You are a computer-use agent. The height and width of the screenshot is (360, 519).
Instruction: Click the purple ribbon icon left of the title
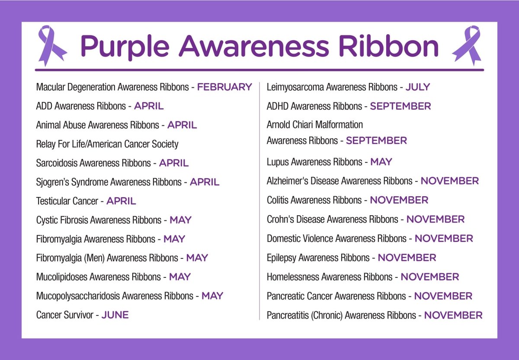pos(52,45)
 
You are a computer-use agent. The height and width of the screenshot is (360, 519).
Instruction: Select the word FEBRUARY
pos(224,87)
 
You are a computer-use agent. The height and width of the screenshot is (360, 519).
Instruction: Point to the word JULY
pos(418,87)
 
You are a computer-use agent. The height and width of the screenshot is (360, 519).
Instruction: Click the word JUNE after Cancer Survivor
pos(115,315)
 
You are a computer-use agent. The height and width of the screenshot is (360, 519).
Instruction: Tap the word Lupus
pos(278,162)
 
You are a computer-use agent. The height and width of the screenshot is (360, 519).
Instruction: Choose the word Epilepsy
pos(282,258)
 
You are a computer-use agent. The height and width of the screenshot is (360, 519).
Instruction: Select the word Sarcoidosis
pos(57,163)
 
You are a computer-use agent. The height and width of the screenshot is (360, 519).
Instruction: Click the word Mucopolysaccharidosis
pos(77,296)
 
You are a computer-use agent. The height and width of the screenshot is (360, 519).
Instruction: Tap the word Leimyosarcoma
pos(295,87)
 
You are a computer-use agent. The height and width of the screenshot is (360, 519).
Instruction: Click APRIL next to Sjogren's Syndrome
pos(205,182)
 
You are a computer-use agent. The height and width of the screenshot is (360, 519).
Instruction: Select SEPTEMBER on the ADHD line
pos(400,106)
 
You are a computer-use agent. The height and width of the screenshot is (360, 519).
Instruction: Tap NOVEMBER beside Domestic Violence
pos(444,239)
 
